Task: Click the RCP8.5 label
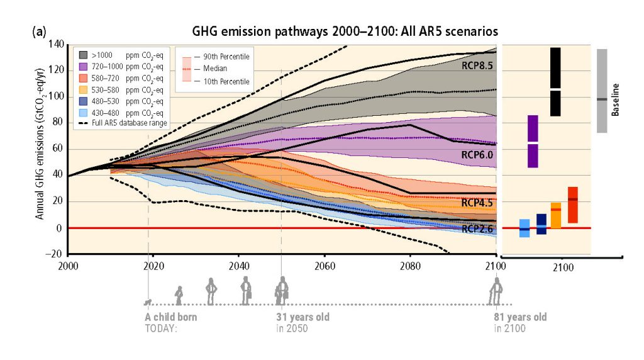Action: pos(477,64)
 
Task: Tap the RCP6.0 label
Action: pos(477,153)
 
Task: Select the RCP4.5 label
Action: pos(477,203)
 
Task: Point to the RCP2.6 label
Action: pos(477,229)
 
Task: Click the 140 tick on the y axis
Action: pos(55,44)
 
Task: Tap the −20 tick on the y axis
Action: pos(55,254)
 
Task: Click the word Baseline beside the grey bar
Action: pos(616,99)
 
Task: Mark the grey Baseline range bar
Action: pos(602,91)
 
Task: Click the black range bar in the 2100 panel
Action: pos(555,82)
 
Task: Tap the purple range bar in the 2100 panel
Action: pos(533,141)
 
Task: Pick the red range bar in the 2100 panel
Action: pos(572,205)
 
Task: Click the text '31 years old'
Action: pos(303,317)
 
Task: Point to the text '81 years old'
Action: pos(519,317)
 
